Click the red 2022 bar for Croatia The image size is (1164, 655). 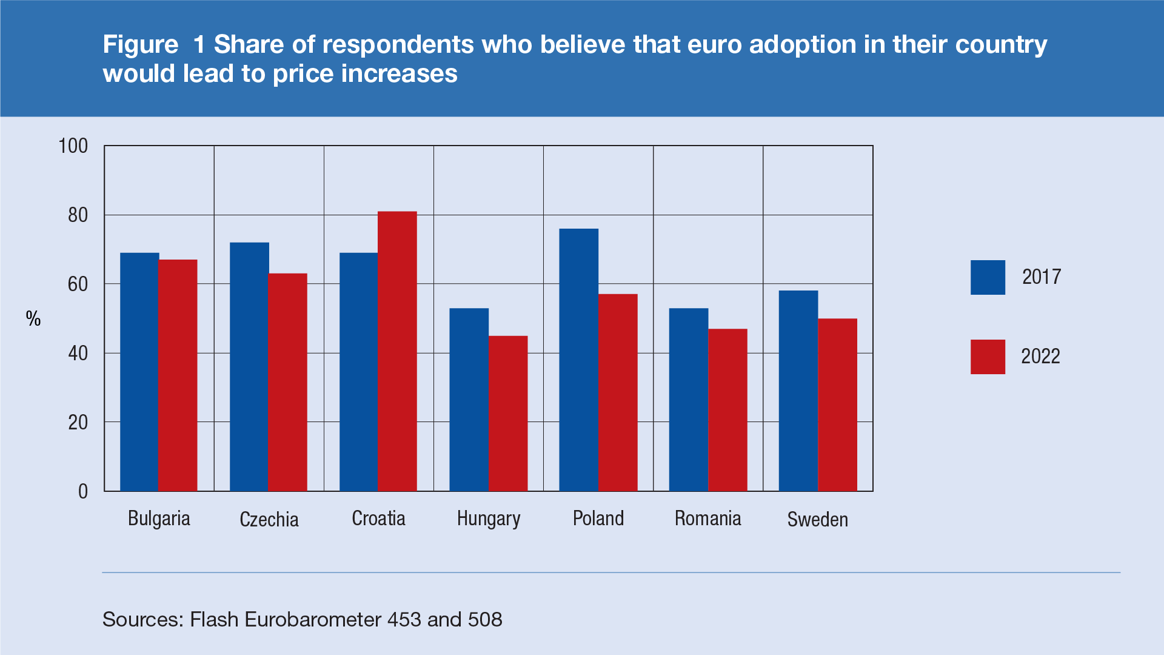[x=397, y=351]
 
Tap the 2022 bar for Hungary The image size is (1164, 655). [x=508, y=413]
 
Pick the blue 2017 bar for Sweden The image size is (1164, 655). [x=798, y=391]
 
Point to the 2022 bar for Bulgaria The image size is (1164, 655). [x=178, y=375]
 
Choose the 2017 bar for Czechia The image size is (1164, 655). [x=249, y=367]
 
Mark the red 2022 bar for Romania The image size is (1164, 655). [x=727, y=410]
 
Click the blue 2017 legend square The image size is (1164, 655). [x=988, y=277]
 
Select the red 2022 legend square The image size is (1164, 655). [x=988, y=357]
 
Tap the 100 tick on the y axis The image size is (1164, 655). [x=73, y=146]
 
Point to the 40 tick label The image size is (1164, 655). [x=78, y=354]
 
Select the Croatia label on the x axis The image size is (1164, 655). [x=378, y=519]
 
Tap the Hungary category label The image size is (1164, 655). [x=489, y=519]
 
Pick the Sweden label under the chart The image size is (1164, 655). [x=817, y=520]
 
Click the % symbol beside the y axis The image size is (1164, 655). [x=33, y=318]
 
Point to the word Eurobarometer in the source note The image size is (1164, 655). [x=313, y=619]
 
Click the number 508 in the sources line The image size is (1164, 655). [x=485, y=619]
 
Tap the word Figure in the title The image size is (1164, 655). [x=141, y=45]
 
